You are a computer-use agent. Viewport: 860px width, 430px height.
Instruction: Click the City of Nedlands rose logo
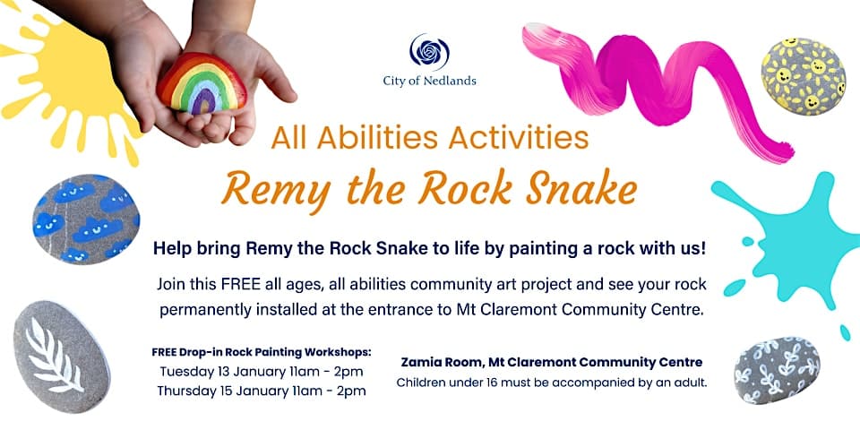coord(429,52)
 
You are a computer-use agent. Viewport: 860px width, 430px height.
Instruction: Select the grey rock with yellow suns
coord(803,76)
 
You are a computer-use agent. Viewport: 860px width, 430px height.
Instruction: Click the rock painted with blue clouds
coord(86,219)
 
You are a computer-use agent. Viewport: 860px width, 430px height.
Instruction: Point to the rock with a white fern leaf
coord(62,356)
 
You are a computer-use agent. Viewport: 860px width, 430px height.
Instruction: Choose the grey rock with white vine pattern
coord(777,370)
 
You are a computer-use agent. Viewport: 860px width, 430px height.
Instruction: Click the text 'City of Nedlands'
coord(429,82)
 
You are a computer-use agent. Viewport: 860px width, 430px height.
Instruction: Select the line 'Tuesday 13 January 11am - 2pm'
coord(262,371)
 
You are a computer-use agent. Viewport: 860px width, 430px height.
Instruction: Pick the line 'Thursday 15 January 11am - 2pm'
coord(262,391)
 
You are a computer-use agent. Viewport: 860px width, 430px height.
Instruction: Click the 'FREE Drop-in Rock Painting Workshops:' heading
coord(262,351)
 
